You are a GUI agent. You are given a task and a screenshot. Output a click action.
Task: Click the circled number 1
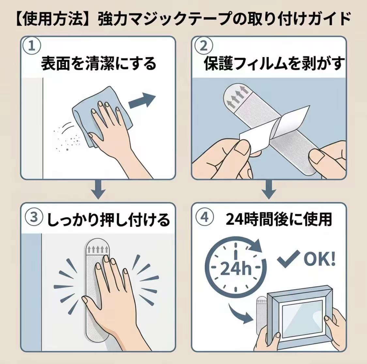coord(32,46)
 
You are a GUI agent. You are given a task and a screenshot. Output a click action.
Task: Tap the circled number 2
coord(204,46)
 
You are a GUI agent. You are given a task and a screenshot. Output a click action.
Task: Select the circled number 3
coord(34,217)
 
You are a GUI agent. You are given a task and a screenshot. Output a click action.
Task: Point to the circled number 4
coord(205,217)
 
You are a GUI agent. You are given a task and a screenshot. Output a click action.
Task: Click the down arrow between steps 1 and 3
coord(98,190)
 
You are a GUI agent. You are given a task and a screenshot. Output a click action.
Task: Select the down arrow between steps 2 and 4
coord(269,190)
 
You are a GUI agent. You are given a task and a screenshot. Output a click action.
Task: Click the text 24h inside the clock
coord(236,268)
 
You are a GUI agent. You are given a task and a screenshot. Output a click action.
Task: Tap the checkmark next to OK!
coord(288,258)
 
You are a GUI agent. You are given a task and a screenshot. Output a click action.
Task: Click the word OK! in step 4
coord(320,259)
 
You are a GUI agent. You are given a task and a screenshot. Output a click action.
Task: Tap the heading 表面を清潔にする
coord(98,64)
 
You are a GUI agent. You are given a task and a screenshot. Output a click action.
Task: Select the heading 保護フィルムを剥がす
coord(274,63)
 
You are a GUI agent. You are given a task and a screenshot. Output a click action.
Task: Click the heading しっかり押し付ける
coord(108,220)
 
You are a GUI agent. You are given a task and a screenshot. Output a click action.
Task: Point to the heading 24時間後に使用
coord(279,219)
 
